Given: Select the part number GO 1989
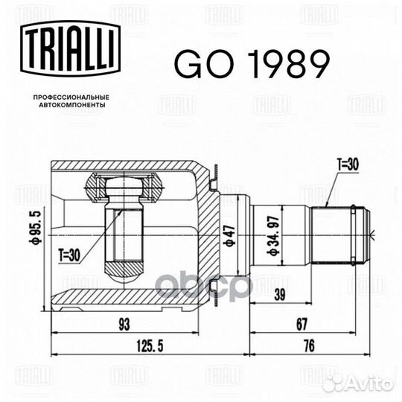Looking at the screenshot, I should [x=251, y=66].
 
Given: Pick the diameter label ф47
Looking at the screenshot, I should [x=231, y=235].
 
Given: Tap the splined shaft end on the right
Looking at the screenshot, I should [x=339, y=234].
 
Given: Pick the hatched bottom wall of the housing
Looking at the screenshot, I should [x=127, y=297].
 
